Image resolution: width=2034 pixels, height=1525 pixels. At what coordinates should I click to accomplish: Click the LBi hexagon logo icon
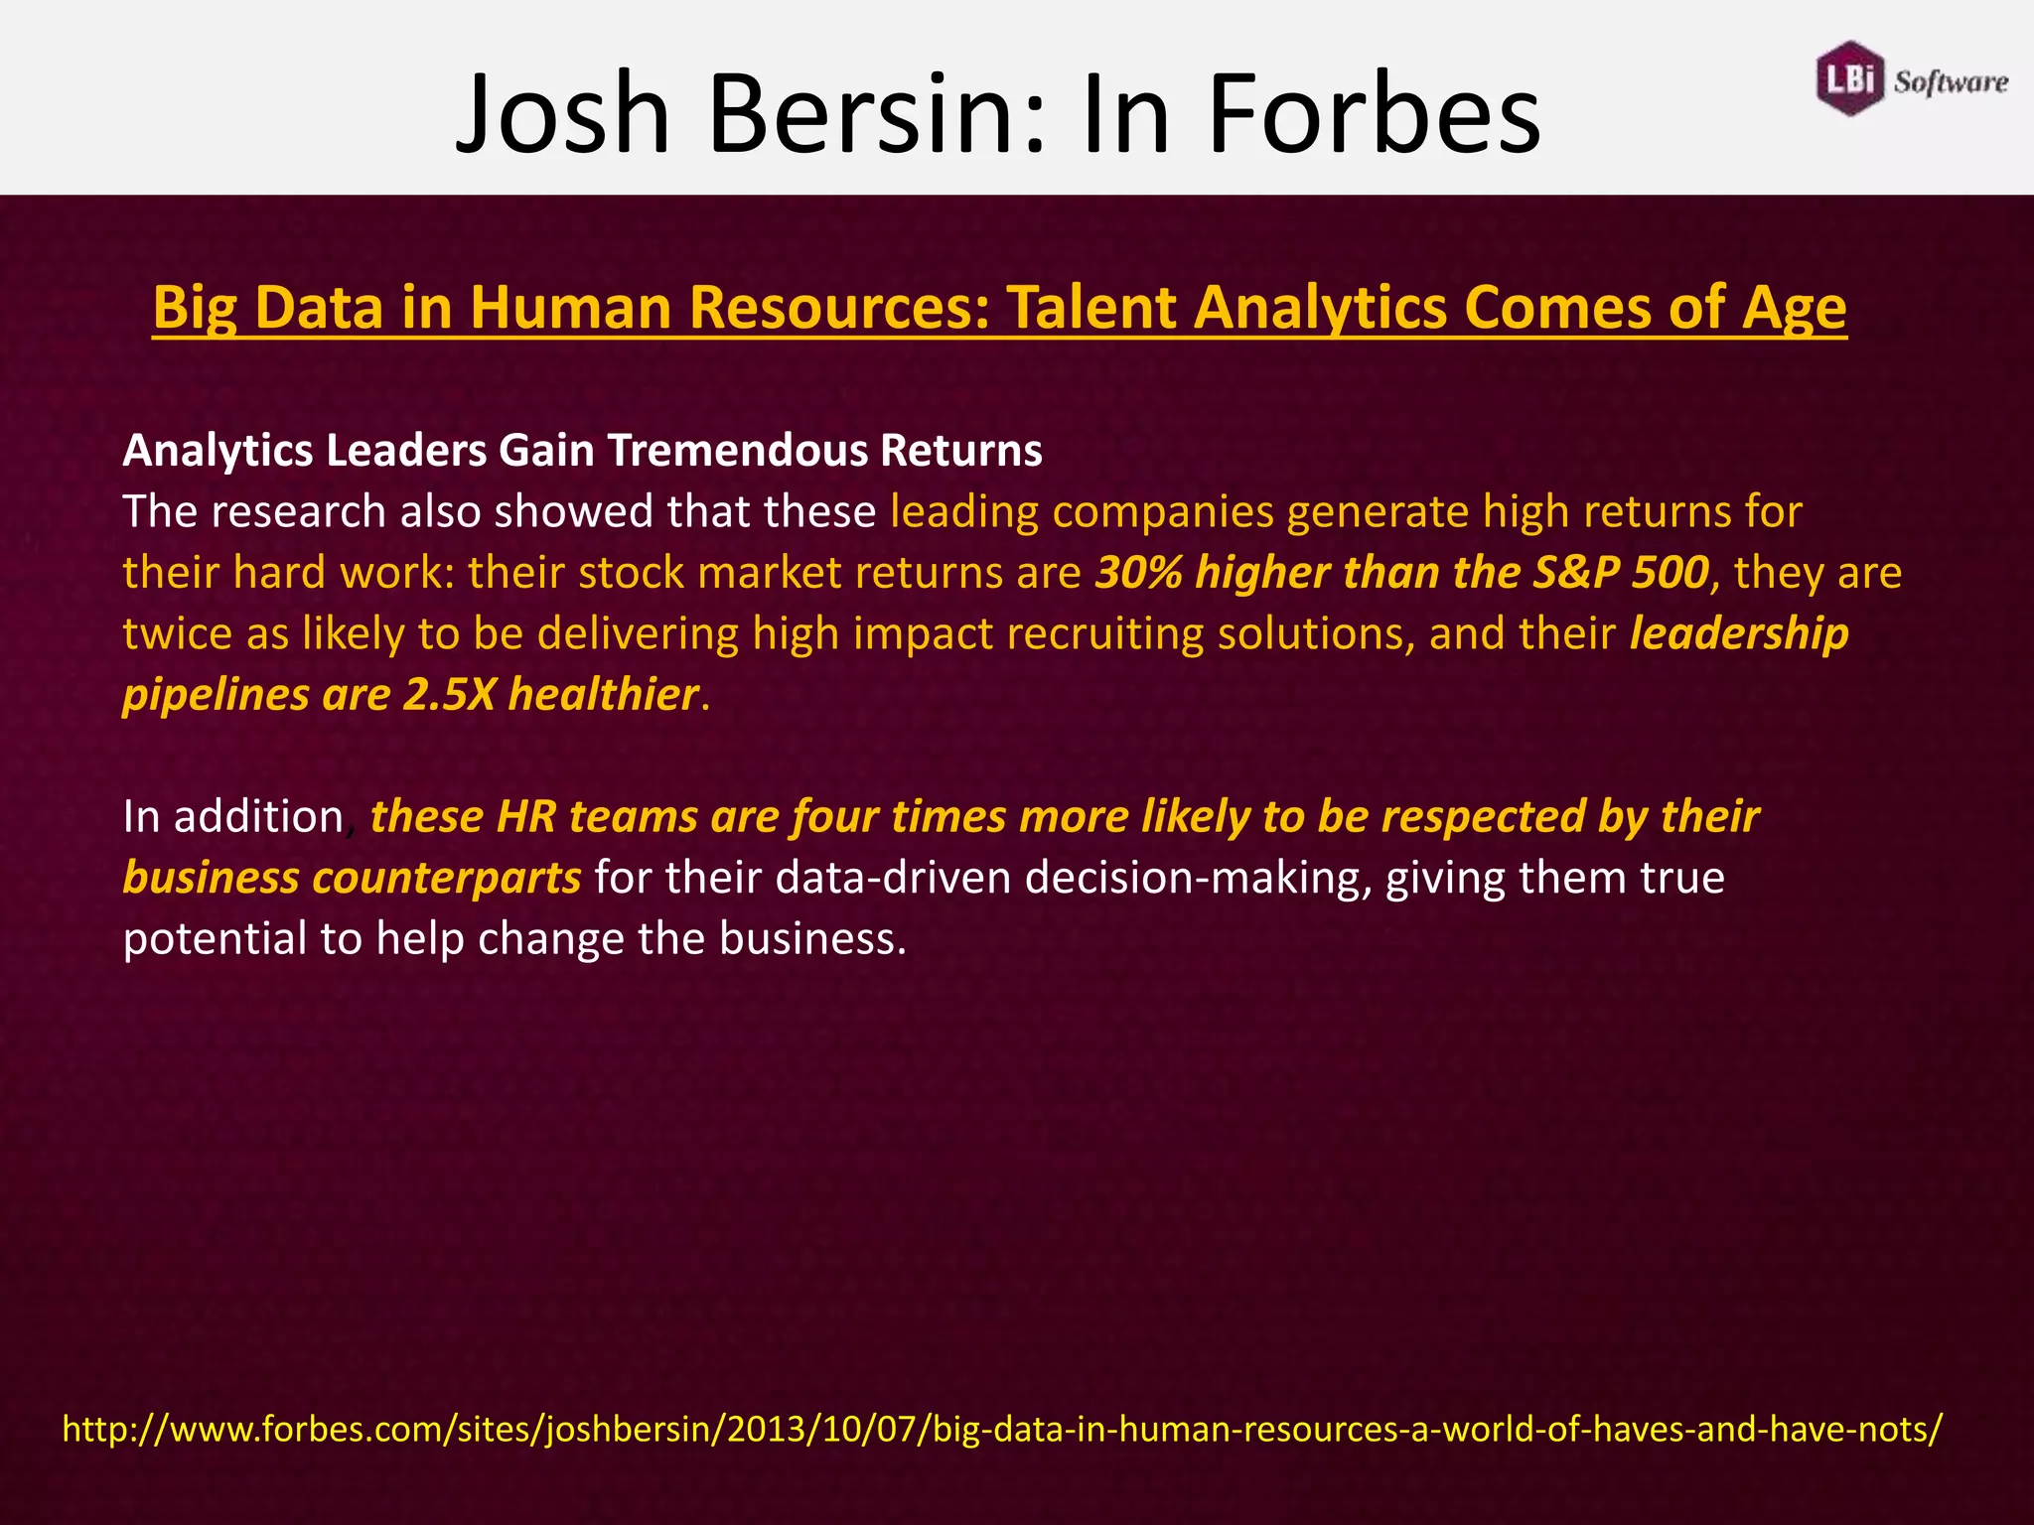(1849, 78)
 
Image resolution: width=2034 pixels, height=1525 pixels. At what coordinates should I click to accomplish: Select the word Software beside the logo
(1951, 82)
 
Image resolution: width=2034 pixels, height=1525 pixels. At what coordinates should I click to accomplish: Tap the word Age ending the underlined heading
(1794, 308)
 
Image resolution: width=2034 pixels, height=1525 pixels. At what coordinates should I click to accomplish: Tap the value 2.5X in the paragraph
(449, 695)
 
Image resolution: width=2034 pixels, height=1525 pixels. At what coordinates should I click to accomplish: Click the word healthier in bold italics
(604, 695)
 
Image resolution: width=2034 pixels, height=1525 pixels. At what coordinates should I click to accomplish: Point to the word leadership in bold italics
(1739, 634)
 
